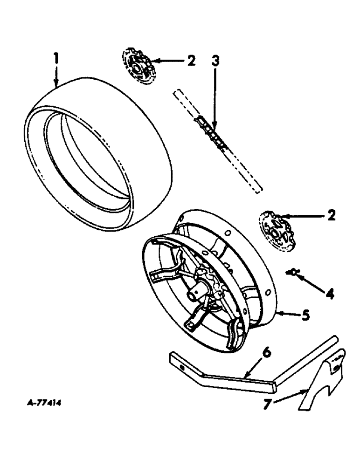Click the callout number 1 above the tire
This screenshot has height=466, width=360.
pos(56,59)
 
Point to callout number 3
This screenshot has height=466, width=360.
pos(216,61)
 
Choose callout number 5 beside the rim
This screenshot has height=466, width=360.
pos(305,316)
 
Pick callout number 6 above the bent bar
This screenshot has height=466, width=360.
pos(266,354)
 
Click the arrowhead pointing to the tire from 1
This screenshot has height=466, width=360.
pos(56,85)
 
